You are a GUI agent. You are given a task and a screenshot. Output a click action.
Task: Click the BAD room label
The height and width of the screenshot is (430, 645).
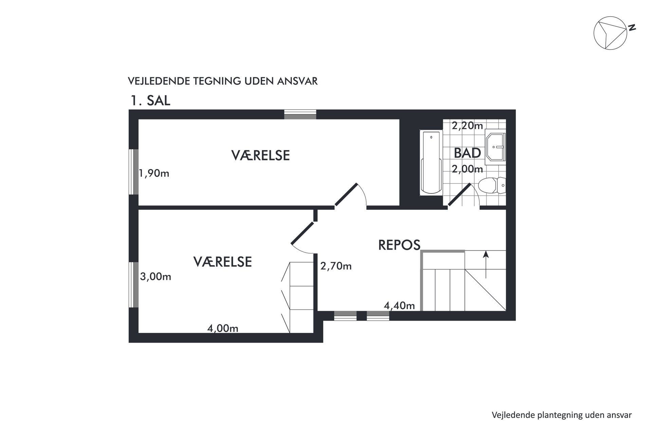click(467, 153)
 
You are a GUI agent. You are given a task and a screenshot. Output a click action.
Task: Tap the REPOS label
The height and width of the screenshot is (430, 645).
click(399, 245)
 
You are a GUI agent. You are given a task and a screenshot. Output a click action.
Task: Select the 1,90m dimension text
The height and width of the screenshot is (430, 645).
click(154, 174)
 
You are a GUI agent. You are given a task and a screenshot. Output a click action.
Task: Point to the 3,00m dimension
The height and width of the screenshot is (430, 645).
click(155, 277)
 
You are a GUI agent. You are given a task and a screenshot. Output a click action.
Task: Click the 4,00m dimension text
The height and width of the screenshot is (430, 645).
click(223, 329)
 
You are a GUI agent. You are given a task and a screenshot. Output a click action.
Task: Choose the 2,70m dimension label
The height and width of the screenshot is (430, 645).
click(336, 266)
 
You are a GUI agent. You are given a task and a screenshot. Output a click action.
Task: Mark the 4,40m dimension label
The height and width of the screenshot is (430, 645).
click(399, 306)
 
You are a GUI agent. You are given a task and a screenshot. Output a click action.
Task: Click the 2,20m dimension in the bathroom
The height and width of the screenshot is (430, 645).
click(467, 126)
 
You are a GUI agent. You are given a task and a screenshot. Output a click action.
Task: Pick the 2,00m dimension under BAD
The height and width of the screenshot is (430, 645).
click(467, 169)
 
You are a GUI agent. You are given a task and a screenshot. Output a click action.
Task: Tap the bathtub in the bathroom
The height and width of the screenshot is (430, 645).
click(431, 163)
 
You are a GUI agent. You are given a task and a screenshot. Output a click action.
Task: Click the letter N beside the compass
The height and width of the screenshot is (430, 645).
click(631, 27)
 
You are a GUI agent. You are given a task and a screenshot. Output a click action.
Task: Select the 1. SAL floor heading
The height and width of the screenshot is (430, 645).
click(150, 101)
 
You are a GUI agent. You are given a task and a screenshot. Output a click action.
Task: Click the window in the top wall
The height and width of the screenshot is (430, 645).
click(300, 114)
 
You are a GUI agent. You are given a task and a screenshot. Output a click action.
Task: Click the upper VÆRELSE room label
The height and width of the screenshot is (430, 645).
click(261, 155)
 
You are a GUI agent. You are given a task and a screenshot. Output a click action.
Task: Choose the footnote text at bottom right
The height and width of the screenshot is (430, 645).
click(562, 415)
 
